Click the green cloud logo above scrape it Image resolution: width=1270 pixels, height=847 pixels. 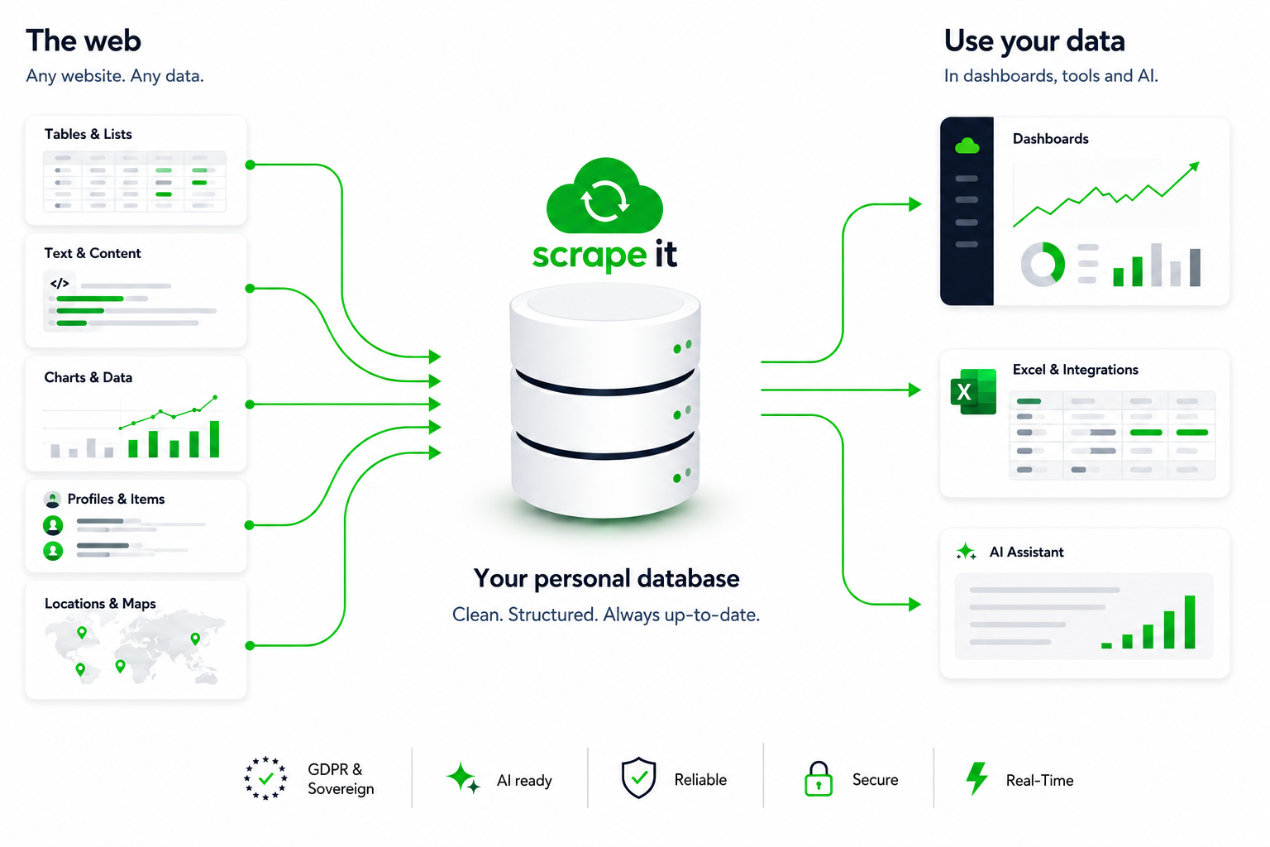[604, 196]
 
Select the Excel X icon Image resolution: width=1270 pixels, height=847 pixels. [973, 391]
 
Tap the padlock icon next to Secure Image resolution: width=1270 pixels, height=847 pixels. [818, 779]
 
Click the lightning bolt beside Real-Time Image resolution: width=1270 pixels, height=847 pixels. [976, 778]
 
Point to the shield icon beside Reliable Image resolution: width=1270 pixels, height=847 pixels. [638, 778]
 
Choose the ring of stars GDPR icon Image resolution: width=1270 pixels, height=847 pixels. [265, 778]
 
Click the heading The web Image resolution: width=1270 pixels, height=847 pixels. [84, 41]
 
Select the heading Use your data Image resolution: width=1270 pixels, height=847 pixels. [1034, 41]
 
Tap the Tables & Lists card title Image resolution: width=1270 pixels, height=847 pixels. [88, 135]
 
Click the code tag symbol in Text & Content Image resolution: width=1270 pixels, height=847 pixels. [60, 283]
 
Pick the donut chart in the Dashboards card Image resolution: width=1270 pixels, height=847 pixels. [1043, 265]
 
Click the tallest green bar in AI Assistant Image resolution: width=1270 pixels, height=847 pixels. [1190, 622]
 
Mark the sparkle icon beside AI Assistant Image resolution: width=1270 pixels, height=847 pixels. [966, 552]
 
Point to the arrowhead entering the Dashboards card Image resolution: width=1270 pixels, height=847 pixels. [915, 204]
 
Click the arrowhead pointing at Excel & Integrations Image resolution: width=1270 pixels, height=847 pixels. [914, 390]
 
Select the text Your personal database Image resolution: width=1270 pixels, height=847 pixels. [606, 579]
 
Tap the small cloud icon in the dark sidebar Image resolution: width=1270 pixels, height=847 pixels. [967, 146]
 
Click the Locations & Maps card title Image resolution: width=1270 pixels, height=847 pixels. [100, 604]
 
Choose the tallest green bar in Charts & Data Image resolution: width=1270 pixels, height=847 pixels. [214, 439]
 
